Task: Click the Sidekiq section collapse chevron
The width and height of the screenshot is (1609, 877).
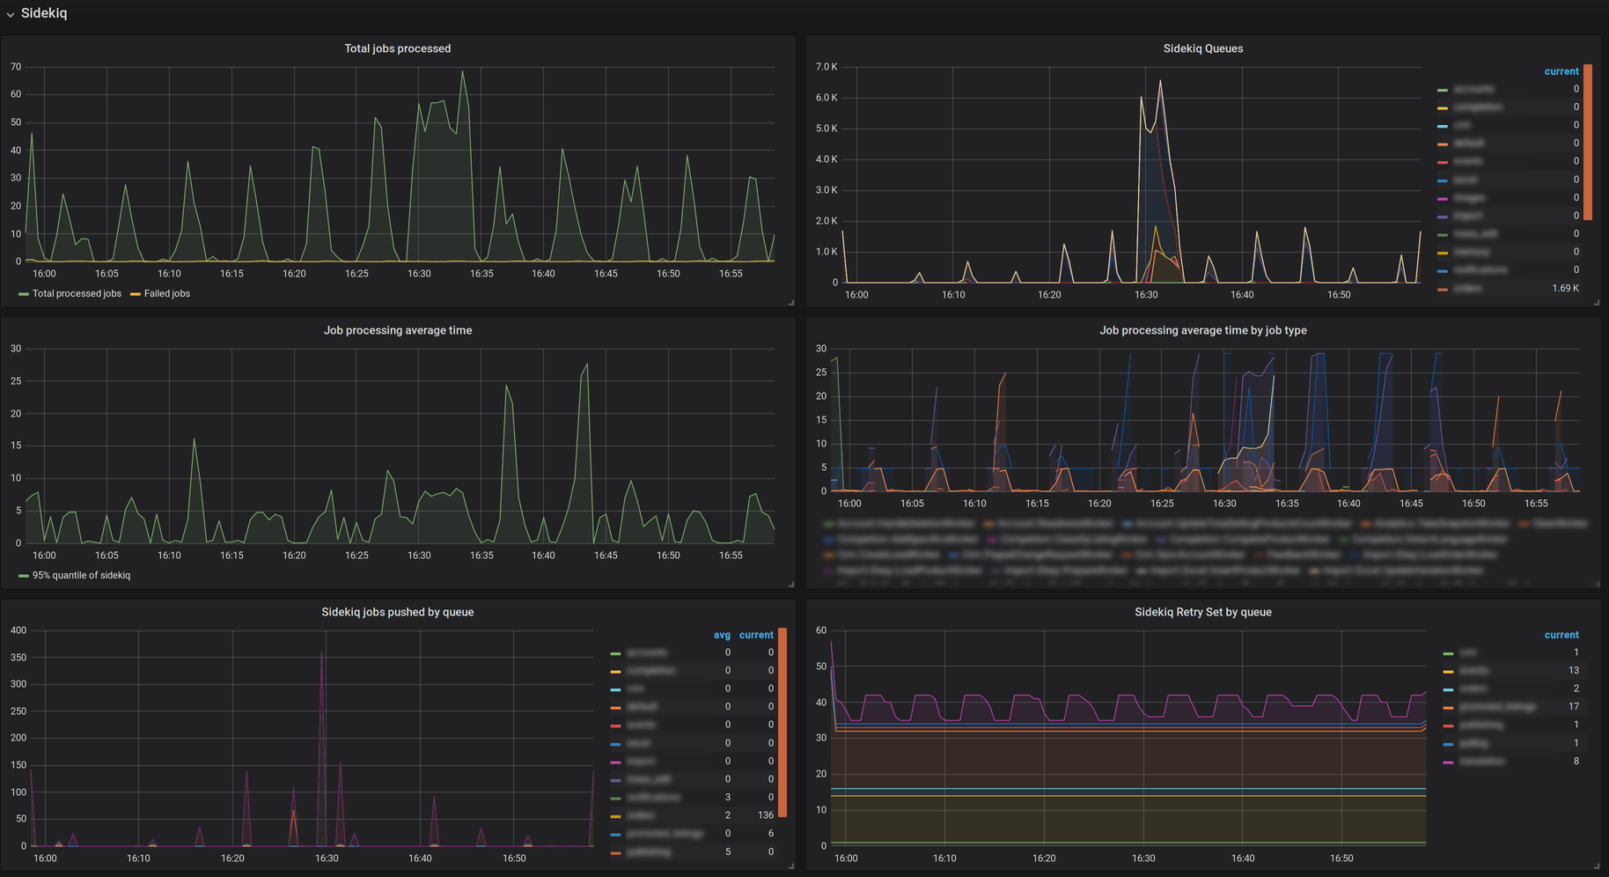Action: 11,14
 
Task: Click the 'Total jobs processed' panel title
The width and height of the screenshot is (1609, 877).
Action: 397,48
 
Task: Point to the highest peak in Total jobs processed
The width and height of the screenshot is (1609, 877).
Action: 463,72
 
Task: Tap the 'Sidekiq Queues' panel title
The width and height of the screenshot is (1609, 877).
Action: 1202,48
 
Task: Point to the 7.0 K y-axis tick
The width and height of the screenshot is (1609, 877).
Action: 827,67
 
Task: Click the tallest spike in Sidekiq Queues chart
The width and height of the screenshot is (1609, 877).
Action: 1160,82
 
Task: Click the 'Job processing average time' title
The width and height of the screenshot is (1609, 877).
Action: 397,330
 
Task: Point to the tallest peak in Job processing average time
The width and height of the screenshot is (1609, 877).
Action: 587,365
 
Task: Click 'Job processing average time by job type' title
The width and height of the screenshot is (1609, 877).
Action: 1202,330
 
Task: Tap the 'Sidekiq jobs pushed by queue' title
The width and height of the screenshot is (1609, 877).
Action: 397,612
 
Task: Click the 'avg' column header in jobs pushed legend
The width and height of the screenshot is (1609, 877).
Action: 722,635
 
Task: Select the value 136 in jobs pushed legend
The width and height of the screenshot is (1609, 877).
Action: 765,815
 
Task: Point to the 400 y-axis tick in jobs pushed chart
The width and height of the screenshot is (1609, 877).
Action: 18,630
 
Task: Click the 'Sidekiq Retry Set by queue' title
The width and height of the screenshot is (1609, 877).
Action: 1202,612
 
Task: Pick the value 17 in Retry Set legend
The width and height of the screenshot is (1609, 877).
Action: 1573,706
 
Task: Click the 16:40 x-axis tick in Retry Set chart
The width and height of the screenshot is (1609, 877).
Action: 1242,858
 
